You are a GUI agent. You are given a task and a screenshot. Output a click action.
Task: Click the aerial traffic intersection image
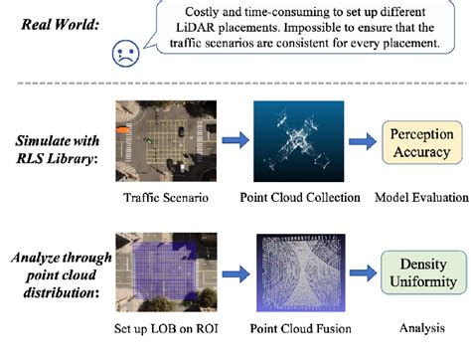pos(150,144)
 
